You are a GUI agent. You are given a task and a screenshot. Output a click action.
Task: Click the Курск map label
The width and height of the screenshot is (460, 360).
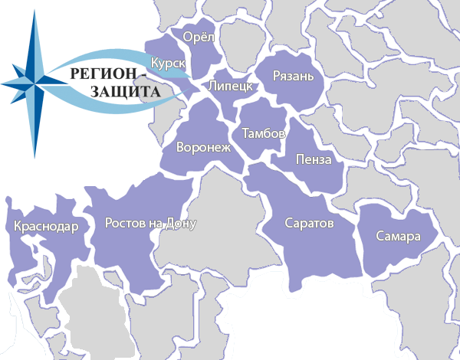[x=169, y=62]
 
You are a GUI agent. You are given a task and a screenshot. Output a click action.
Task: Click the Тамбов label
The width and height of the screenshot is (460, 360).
[x=264, y=133]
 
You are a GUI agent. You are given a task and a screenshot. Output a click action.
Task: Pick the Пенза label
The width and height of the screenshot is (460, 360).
[x=314, y=160]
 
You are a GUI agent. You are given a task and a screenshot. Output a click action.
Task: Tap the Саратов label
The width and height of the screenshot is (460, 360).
[x=309, y=225]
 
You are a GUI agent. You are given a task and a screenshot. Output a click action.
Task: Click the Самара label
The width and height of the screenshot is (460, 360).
[x=399, y=237]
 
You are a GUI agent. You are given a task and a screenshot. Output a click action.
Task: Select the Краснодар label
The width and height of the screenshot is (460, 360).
[x=45, y=227]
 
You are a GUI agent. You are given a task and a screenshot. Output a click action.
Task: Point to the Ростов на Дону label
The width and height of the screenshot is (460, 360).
[x=150, y=224]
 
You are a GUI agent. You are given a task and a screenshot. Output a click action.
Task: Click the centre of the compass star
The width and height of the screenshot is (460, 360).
[x=34, y=79]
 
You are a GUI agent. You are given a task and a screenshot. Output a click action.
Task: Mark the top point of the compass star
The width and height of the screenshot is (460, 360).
[x=34, y=11]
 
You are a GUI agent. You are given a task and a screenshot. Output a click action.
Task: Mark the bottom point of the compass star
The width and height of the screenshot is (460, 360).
[x=34, y=157]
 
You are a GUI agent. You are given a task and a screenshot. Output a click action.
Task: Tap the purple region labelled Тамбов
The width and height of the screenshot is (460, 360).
[x=261, y=115]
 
